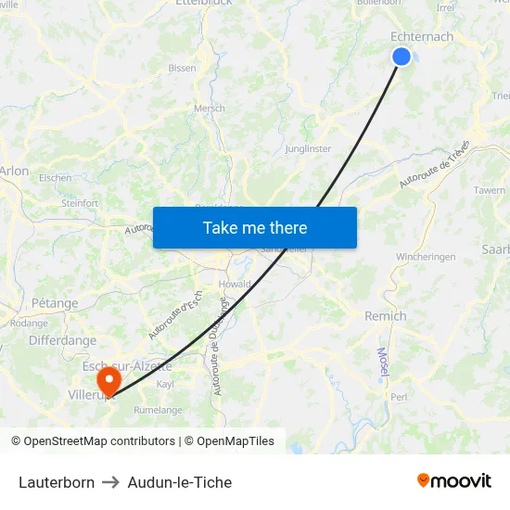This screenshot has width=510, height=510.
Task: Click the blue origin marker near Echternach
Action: (x=402, y=57)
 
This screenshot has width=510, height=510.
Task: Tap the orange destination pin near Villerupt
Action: (x=108, y=380)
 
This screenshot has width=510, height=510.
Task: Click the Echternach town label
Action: (x=422, y=36)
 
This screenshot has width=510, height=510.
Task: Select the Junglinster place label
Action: (x=309, y=148)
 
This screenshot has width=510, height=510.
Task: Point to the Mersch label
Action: (x=209, y=108)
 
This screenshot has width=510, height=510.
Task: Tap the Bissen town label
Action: (x=182, y=68)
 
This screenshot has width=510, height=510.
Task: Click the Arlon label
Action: (x=14, y=171)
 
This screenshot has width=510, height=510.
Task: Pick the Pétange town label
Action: (x=55, y=302)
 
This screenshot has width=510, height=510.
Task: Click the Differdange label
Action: (x=62, y=340)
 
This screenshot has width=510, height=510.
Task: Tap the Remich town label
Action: (x=385, y=315)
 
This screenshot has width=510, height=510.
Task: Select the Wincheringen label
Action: (x=427, y=256)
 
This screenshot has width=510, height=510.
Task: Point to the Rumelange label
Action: (x=158, y=409)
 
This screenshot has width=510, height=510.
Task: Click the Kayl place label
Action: (x=165, y=383)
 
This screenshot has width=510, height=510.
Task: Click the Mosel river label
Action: (x=382, y=362)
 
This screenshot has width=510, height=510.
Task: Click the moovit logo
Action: (x=454, y=480)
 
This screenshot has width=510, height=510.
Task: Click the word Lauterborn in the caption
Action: (x=57, y=482)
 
